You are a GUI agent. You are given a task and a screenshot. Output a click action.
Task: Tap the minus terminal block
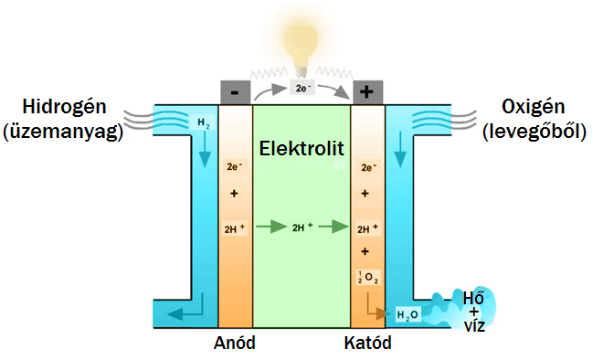[236, 92]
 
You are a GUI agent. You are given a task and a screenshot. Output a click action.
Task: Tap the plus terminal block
[367, 92]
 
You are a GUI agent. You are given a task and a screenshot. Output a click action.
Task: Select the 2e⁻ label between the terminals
[301, 88]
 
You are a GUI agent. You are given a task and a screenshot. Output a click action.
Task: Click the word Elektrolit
[301, 148]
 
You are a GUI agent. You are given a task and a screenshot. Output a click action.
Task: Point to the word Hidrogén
[64, 107]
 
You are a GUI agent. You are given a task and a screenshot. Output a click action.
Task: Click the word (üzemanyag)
[63, 132]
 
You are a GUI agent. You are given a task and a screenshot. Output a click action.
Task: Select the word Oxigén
[533, 107]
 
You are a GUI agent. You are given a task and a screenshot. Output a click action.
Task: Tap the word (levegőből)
[534, 132]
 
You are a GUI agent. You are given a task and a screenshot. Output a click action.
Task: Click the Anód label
[235, 343]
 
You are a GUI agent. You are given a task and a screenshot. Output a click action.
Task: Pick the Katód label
[367, 343]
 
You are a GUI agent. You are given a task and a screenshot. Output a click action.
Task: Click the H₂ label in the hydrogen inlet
[203, 123]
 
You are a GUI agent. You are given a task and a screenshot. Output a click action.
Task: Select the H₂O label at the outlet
[407, 315]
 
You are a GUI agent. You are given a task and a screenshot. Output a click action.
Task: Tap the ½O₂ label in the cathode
[368, 277]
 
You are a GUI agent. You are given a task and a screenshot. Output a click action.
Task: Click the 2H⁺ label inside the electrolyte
[302, 227]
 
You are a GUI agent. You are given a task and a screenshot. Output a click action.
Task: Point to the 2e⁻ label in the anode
[234, 166]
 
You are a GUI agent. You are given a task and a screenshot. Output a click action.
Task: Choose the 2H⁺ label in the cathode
[367, 228]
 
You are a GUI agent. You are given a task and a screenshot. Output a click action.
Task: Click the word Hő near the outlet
[473, 298]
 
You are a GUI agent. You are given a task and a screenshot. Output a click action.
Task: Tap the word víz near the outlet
[474, 326]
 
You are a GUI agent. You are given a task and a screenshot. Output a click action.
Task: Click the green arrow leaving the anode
[271, 227]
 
